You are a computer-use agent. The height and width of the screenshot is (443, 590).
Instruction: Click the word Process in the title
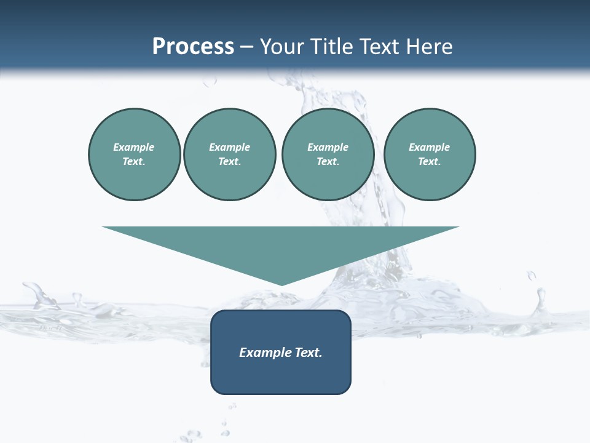click(193, 47)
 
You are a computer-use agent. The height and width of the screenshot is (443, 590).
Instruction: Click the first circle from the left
click(135, 154)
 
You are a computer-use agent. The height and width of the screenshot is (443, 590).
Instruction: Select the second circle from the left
click(230, 154)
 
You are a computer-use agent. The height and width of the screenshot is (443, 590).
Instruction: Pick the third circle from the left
click(328, 154)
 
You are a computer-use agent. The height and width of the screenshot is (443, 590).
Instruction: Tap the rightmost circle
click(430, 154)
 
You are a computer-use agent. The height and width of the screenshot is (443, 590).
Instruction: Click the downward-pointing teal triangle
click(281, 246)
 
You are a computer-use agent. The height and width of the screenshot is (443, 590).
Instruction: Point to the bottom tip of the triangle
click(281, 284)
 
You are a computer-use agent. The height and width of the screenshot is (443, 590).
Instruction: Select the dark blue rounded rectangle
click(281, 375)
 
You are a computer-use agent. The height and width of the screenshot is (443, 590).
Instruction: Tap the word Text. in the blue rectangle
click(307, 353)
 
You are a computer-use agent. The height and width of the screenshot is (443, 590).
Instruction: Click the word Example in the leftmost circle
click(134, 147)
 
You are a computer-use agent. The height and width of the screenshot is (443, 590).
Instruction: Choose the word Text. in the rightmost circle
click(430, 162)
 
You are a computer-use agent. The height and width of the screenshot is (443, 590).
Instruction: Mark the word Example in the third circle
click(328, 147)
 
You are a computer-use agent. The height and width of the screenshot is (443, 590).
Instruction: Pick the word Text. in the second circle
click(230, 162)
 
